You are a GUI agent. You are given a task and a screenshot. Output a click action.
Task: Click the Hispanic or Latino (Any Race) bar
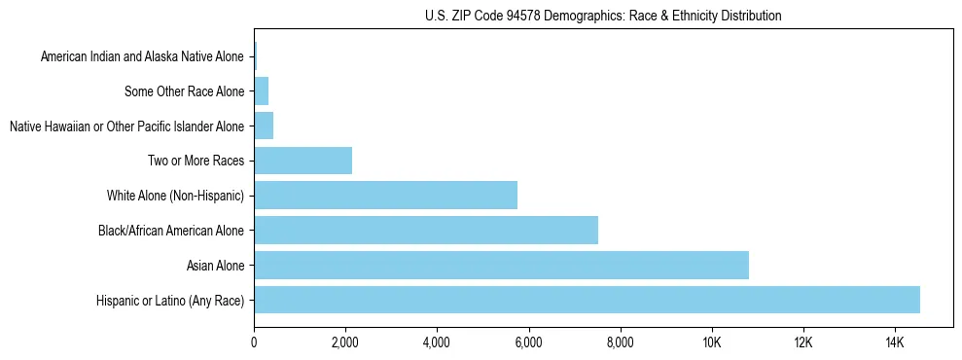[587, 300]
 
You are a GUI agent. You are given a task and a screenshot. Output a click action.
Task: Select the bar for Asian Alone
[501, 265]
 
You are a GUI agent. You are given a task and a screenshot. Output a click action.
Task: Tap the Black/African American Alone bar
[426, 230]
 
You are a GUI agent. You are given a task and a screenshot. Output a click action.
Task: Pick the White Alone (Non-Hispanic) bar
[385, 195]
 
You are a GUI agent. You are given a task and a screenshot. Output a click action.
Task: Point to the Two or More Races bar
[303, 161]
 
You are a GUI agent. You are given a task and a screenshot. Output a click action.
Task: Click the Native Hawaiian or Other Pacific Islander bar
[264, 126]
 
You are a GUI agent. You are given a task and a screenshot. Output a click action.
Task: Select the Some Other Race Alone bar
[261, 91]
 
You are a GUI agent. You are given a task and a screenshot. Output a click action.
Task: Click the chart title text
[603, 16]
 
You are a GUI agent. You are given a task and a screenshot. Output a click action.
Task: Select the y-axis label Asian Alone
[216, 266]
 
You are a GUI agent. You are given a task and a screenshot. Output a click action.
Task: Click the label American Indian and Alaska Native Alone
[143, 57]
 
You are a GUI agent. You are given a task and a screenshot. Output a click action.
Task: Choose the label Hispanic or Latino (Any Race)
[171, 301]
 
